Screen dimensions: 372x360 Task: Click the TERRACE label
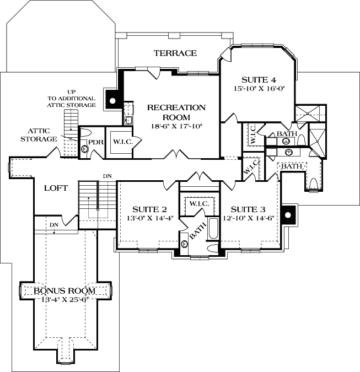(175, 53)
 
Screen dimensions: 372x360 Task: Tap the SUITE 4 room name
(257, 79)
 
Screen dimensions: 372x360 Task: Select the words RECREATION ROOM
(176, 112)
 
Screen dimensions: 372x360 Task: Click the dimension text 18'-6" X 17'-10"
(176, 126)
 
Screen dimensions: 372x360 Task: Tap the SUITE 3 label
(248, 209)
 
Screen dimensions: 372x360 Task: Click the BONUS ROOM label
(65, 290)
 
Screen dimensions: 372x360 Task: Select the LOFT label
(56, 188)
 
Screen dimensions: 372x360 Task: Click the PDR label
(96, 142)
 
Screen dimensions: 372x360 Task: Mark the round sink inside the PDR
(85, 148)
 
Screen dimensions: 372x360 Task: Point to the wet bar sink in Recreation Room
(128, 119)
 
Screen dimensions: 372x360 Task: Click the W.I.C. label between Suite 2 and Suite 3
(198, 204)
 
